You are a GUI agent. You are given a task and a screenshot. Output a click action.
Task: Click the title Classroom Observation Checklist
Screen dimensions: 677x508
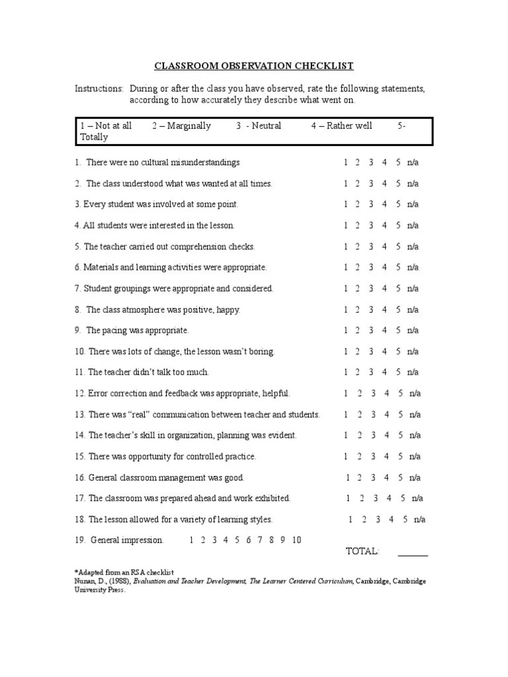[x=254, y=66]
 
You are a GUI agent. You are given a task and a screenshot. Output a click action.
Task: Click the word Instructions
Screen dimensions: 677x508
[x=99, y=89]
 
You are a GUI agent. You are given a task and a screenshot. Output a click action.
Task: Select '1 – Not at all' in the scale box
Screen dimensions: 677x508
[x=106, y=126]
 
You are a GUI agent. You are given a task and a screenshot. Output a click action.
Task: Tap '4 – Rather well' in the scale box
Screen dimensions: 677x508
[x=341, y=126]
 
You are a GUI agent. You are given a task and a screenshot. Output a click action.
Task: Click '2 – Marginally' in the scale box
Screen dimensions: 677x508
[x=181, y=126]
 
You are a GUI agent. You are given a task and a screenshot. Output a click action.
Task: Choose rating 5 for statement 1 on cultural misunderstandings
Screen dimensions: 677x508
[x=398, y=163]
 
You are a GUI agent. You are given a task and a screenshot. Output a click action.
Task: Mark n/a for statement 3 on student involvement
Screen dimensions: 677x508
[x=413, y=205]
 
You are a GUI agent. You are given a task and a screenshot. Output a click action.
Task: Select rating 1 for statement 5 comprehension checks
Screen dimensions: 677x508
[x=345, y=247]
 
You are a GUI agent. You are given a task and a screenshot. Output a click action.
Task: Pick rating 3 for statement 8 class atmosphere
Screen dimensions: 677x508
[x=371, y=309]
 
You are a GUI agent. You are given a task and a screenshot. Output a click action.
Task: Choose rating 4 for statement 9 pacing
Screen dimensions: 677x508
[x=384, y=331]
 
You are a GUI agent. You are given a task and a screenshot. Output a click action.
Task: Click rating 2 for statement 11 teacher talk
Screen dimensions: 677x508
[x=358, y=372]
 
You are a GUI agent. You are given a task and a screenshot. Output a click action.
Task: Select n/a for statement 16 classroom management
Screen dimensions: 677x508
[x=414, y=477]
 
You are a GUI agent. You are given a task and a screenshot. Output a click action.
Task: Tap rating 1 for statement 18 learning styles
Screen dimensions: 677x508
[x=351, y=520]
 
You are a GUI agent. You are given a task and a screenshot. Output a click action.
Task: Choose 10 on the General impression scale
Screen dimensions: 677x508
[x=296, y=540]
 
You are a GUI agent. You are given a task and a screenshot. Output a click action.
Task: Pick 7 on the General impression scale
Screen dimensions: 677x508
[x=260, y=540]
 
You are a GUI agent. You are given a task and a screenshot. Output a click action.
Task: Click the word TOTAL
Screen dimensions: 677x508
[x=362, y=551]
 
